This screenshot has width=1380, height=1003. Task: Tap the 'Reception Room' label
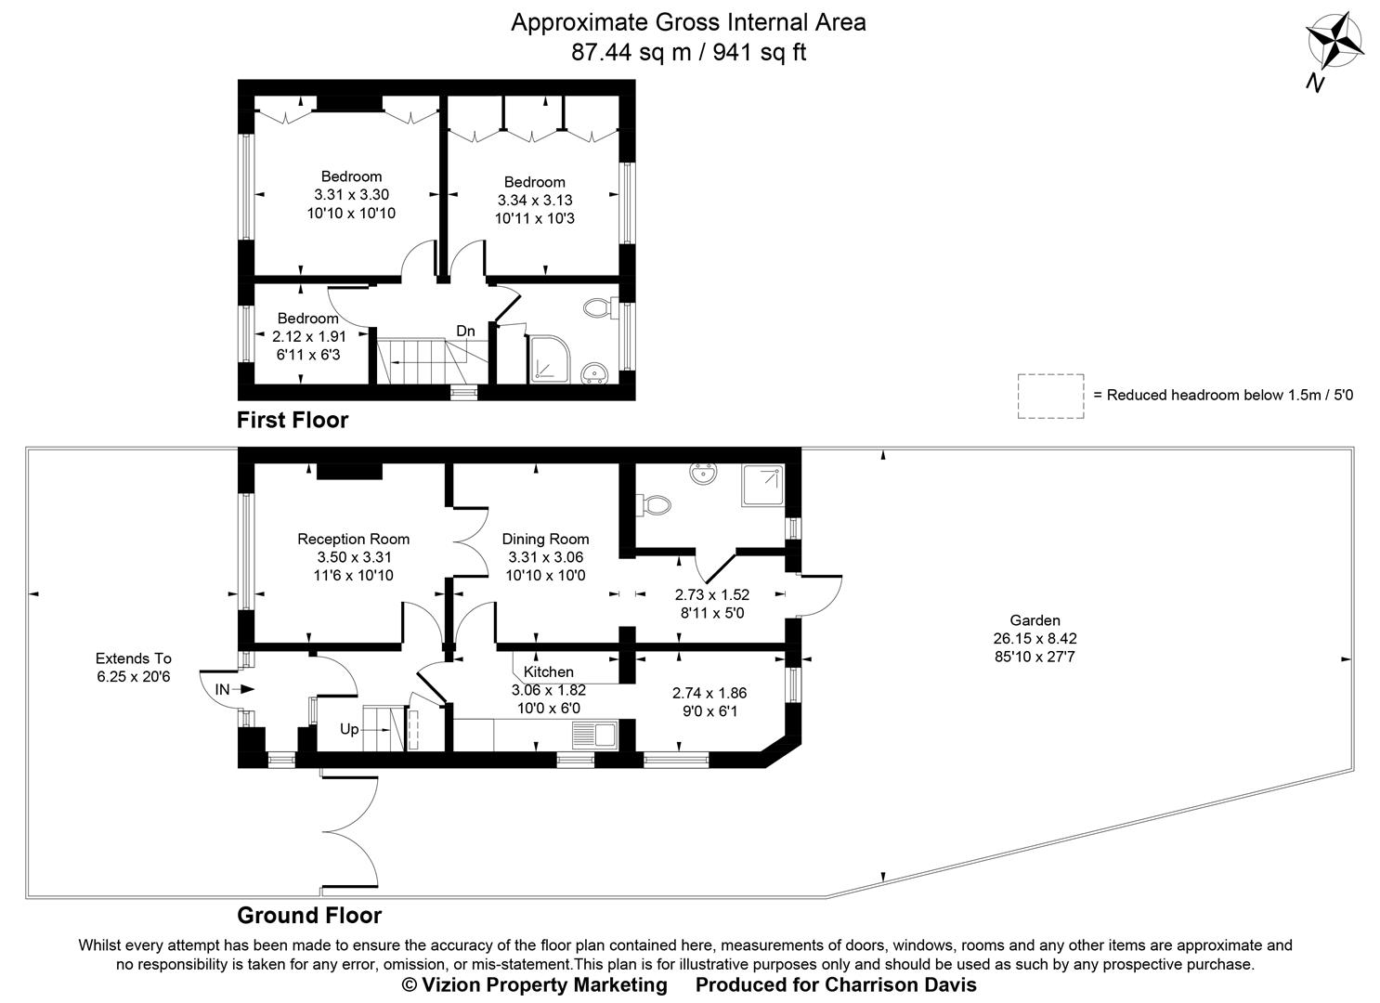coord(353,539)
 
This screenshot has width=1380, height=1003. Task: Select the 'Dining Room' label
coord(545,539)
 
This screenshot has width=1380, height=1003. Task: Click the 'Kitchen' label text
coord(548,671)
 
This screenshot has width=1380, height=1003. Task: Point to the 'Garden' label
coord(1035,620)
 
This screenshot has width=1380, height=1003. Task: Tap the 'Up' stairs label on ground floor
coord(349,729)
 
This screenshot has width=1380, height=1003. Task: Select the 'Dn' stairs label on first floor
coord(465,331)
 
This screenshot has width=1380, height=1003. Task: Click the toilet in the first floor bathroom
coord(596,307)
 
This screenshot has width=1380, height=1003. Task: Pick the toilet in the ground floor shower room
coord(657,504)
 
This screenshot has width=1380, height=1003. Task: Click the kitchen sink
coord(595,736)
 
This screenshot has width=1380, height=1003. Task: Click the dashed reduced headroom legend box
coord(1049,396)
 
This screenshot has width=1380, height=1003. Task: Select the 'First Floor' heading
coord(293,420)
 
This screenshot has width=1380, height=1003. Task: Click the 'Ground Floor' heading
coord(309,915)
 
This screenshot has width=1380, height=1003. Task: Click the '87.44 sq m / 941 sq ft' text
coord(688,53)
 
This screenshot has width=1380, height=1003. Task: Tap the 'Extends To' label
coord(134,658)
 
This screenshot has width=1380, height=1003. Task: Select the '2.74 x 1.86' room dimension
coord(709,693)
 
